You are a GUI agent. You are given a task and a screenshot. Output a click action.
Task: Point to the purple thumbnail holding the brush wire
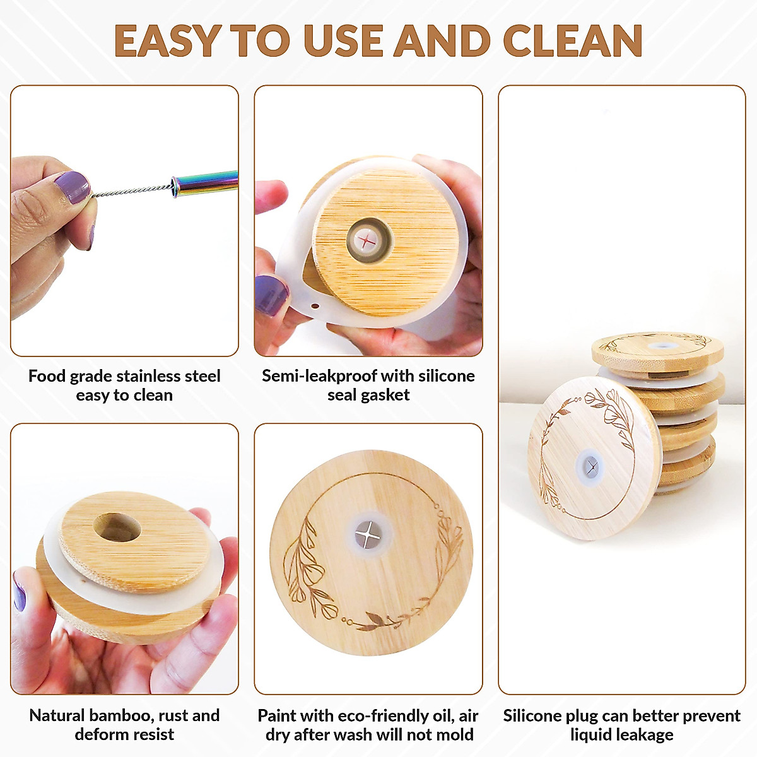pos(71,187)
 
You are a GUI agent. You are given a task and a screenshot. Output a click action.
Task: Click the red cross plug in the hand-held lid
pos(367,240)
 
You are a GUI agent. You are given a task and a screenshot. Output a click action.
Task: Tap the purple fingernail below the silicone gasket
pos(272,295)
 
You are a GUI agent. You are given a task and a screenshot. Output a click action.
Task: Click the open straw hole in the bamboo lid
pos(117,527)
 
